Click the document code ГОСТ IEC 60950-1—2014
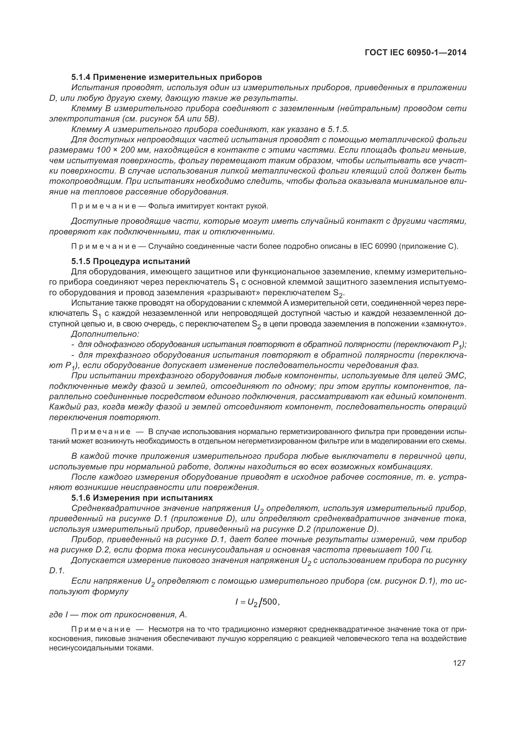(416, 52)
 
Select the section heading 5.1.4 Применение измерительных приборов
(167, 77)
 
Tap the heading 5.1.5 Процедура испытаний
(131, 261)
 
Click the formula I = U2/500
(257, 601)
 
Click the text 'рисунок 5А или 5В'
(177, 119)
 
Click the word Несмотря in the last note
(164, 629)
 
